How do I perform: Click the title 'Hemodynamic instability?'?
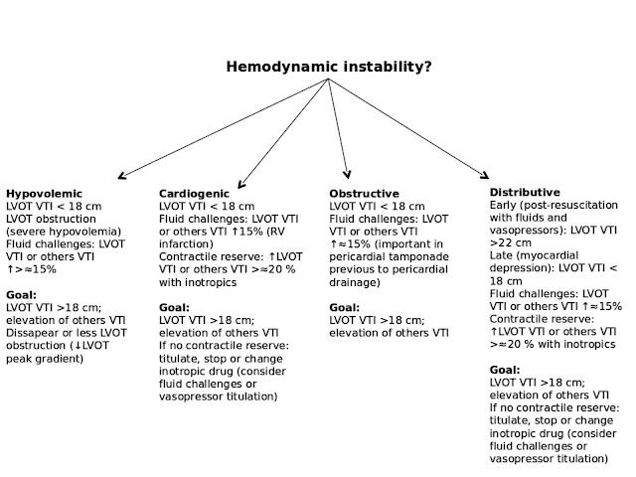point(327,69)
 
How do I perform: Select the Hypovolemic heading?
point(44,193)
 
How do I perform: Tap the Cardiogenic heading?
point(194,193)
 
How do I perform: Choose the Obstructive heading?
point(364,193)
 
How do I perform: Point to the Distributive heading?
point(525,191)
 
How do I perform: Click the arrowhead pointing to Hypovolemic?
point(121,176)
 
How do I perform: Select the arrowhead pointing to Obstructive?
point(347,174)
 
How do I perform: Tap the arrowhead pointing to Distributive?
point(486,174)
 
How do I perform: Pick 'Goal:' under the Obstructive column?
point(345,308)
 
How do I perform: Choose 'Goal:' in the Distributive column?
point(506,370)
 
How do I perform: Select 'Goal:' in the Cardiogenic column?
point(175,308)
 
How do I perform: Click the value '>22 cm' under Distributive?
point(512,240)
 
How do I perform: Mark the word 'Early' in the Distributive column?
point(506,204)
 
